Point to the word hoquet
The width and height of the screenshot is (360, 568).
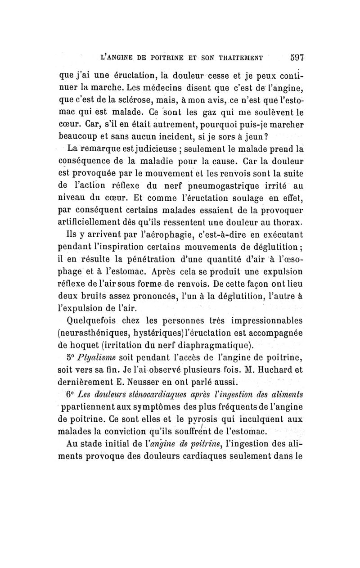click(x=90, y=346)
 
